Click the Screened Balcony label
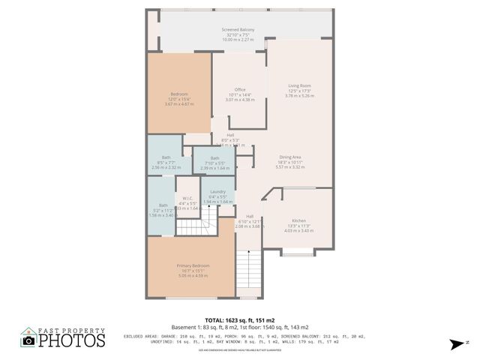[x=238, y=29]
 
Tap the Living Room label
[x=299, y=86]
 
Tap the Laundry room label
[x=218, y=192]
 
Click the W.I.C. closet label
[x=187, y=199]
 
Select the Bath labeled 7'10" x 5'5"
[x=214, y=158]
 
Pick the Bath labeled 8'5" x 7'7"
[x=166, y=157]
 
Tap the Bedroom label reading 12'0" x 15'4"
[x=179, y=94]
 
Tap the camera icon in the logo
[x=28, y=340]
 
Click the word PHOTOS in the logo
[x=72, y=341]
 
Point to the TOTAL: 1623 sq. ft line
[x=239, y=320]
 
